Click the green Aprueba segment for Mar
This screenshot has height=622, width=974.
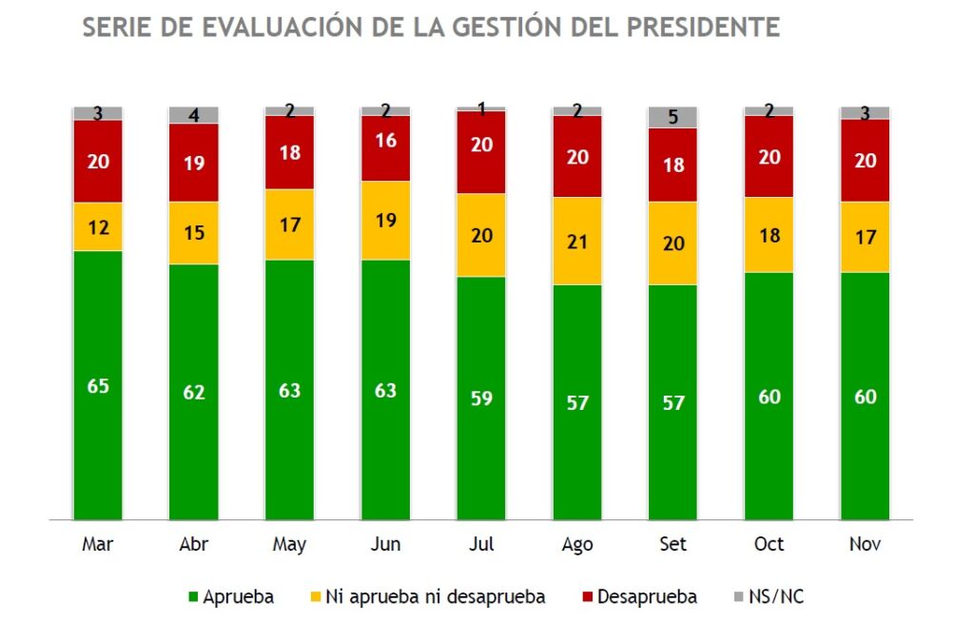pos(98,385)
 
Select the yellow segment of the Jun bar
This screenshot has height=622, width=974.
pos(385,220)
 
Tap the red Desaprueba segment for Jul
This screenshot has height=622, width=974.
pos(481,152)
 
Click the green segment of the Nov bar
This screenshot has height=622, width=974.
pos(865,396)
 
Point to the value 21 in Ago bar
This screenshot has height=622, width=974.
pos(577,241)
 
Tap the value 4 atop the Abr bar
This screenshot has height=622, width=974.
pos(194,116)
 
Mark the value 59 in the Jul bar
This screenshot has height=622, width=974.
pos(481,398)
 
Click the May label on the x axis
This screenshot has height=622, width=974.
pos(289,545)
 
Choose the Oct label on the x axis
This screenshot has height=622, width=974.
pos(769,545)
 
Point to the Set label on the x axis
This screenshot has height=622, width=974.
pos(672,545)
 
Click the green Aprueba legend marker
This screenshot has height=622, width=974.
pos(193,597)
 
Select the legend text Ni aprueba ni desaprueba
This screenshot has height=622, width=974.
pos(436,597)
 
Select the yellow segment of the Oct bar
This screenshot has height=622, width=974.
pos(769,235)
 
